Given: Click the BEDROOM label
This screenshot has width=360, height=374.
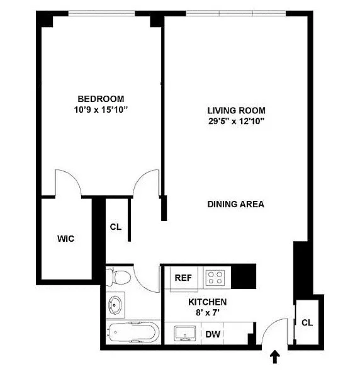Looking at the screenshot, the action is click(101, 99).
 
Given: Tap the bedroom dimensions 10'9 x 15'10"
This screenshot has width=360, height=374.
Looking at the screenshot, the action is click(101, 110).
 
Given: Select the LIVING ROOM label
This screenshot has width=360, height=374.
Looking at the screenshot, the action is click(236, 110).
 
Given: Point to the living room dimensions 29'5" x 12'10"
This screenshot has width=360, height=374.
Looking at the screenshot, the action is click(236, 121).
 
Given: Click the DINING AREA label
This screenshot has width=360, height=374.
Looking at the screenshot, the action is click(236, 204).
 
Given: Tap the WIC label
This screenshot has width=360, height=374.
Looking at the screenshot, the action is click(66, 239).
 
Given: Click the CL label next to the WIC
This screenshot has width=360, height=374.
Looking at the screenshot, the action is click(116, 227).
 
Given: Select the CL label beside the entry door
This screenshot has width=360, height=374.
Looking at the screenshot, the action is click(307, 323).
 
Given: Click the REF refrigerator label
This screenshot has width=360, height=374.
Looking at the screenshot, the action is click(183, 278).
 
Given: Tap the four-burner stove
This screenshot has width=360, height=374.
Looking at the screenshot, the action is click(215, 278).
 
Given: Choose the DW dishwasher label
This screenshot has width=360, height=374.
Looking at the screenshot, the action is click(213, 334).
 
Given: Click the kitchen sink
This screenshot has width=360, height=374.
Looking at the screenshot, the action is click(185, 333).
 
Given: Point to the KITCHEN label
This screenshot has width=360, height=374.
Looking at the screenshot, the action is click(208, 302).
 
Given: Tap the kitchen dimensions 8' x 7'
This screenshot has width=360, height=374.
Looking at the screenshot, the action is click(208, 312).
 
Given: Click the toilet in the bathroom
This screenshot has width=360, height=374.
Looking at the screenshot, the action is click(118, 277).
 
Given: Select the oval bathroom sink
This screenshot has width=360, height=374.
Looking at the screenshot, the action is click(115, 305).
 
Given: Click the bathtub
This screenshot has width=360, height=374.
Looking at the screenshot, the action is click(133, 332).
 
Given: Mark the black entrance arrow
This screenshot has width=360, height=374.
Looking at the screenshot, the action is click(275, 356).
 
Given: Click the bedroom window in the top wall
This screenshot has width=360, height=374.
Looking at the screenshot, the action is click(102, 13).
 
